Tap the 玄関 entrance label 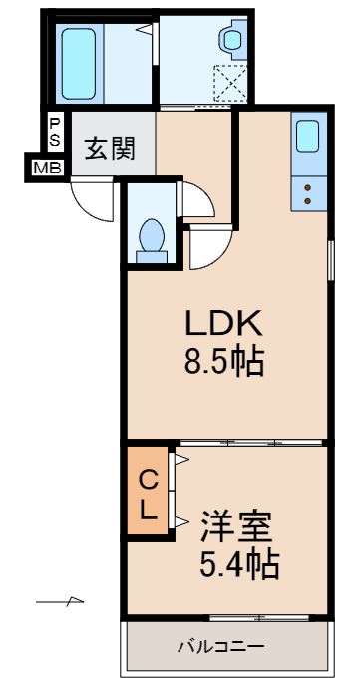(x=109, y=150)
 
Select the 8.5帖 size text (x=221, y=361)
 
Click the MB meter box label (x=46, y=168)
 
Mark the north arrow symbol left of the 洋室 (x=61, y=602)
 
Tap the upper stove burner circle (x=308, y=186)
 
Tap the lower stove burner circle (x=308, y=201)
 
